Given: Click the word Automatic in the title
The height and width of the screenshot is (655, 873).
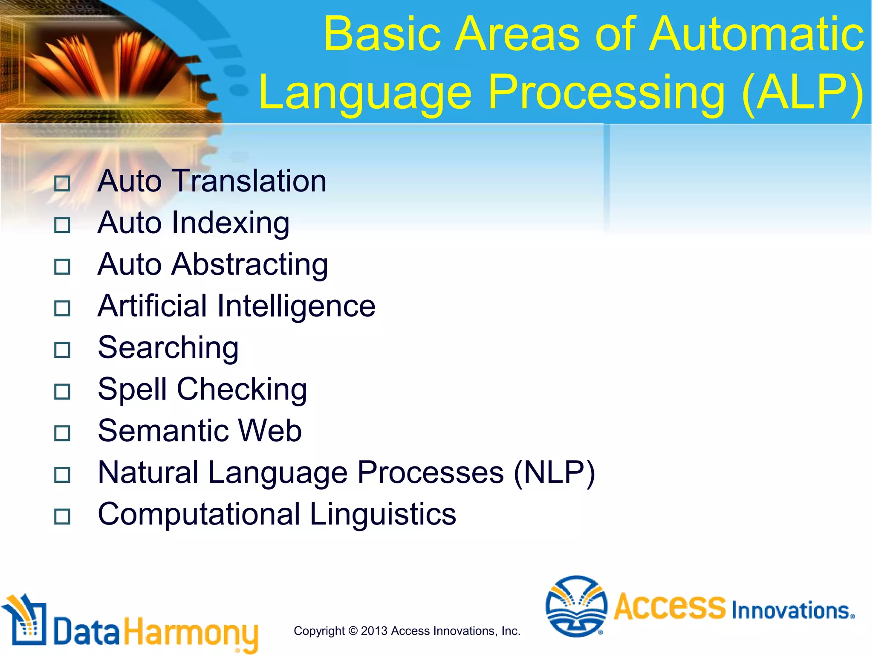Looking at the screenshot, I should pos(757,34).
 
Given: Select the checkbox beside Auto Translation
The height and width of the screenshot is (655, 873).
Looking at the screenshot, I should pos(62,184).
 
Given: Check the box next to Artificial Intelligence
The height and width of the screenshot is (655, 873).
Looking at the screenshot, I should pos(62,308).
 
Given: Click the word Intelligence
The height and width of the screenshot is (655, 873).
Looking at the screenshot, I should pos(296,307).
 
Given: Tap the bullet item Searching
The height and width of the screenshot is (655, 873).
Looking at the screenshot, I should pos(168,348).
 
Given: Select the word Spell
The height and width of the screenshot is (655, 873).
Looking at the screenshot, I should pos(132,389).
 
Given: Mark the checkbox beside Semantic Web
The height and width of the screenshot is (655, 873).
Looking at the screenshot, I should pos(62,433).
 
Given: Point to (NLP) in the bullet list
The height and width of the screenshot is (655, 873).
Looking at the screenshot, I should pos(554,473).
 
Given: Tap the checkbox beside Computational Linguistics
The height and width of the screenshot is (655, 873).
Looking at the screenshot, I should pos(62,517).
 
